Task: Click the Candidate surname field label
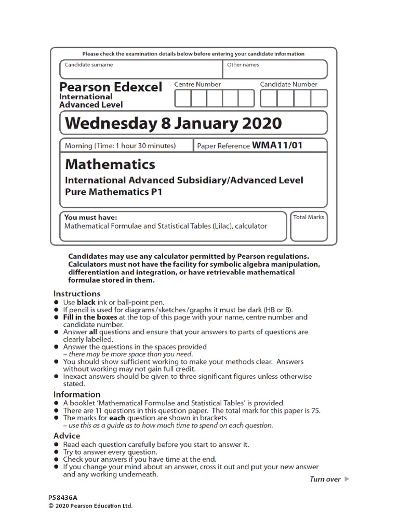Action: pyautogui.click(x=88, y=65)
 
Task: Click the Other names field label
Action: pyautogui.click(x=243, y=65)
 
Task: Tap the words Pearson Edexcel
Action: pyautogui.click(x=111, y=87)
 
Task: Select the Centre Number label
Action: pyautogui.click(x=197, y=84)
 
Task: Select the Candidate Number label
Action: pyautogui.click(x=288, y=84)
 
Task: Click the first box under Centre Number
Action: pyautogui.click(x=182, y=98)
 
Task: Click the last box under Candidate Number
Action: pyautogui.click(x=319, y=98)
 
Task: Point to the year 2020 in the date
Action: pyautogui.click(x=260, y=124)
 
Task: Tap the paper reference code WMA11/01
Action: pyautogui.click(x=277, y=146)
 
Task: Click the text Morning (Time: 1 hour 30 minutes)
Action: pyautogui.click(x=120, y=146)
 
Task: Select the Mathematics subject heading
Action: pyautogui.click(x=110, y=165)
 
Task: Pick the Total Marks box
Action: pyautogui.click(x=308, y=227)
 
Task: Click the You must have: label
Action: pyautogui.click(x=90, y=217)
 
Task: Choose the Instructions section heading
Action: pyautogui.click(x=77, y=294)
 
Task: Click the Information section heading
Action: pyautogui.click(x=77, y=394)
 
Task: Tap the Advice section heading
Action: pyautogui.click(x=67, y=435)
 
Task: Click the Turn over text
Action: pyautogui.click(x=325, y=479)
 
